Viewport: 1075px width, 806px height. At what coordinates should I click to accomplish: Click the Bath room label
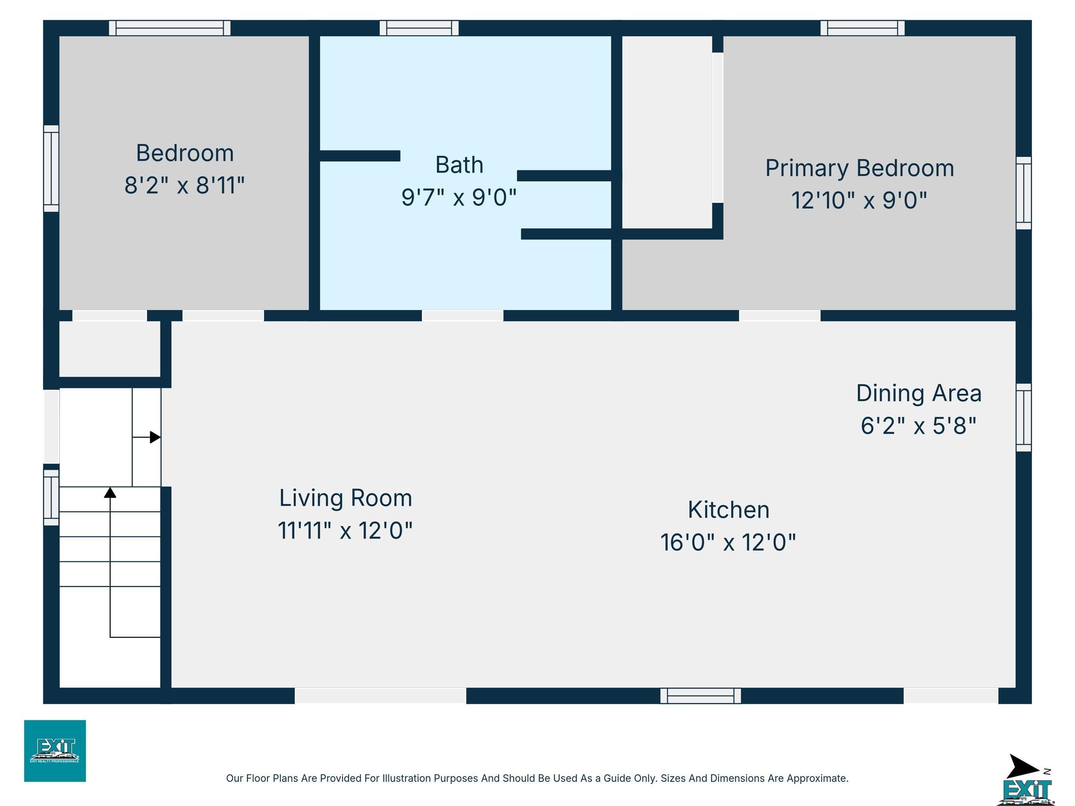click(x=459, y=165)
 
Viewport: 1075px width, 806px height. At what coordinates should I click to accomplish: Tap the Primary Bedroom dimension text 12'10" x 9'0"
click(x=859, y=200)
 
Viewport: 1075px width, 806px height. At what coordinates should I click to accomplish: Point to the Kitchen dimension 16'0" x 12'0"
click(x=728, y=542)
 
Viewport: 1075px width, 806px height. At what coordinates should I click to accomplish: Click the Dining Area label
click(x=918, y=393)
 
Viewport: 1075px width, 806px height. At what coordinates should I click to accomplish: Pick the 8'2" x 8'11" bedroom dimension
click(x=184, y=186)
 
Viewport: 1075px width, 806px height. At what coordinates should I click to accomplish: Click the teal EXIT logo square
click(x=55, y=751)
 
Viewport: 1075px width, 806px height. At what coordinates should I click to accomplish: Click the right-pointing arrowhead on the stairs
click(x=155, y=437)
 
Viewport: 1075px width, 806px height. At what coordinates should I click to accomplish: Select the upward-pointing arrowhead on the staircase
click(x=111, y=493)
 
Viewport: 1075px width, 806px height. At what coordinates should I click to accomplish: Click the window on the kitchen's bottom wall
click(x=701, y=696)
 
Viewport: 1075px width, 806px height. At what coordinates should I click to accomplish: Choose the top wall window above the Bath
click(x=419, y=28)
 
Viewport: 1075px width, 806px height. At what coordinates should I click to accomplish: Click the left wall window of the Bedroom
click(x=52, y=169)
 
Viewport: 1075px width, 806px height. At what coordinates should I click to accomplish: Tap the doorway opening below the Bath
click(x=462, y=315)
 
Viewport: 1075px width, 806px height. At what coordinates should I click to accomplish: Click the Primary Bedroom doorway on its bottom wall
click(x=780, y=315)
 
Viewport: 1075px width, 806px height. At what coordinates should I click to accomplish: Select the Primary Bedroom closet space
click(x=667, y=132)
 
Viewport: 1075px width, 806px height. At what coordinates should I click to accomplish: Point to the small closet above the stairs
click(x=110, y=349)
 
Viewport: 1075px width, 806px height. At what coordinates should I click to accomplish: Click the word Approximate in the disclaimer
click(x=817, y=778)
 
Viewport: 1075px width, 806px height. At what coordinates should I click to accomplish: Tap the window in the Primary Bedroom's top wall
click(x=863, y=28)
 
